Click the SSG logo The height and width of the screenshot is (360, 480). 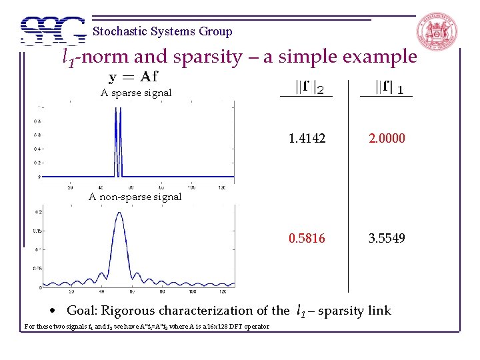coord(53,31)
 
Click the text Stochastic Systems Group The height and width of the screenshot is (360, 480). coord(163,31)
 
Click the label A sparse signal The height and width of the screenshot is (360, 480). coord(136,93)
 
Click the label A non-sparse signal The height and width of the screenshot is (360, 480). coord(135,197)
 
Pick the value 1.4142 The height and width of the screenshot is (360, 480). coord(307,139)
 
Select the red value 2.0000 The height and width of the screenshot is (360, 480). coord(387,139)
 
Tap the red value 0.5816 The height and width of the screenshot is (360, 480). coord(307,238)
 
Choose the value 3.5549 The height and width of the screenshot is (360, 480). coord(387,238)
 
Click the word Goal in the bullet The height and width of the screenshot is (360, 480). coord(82,311)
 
